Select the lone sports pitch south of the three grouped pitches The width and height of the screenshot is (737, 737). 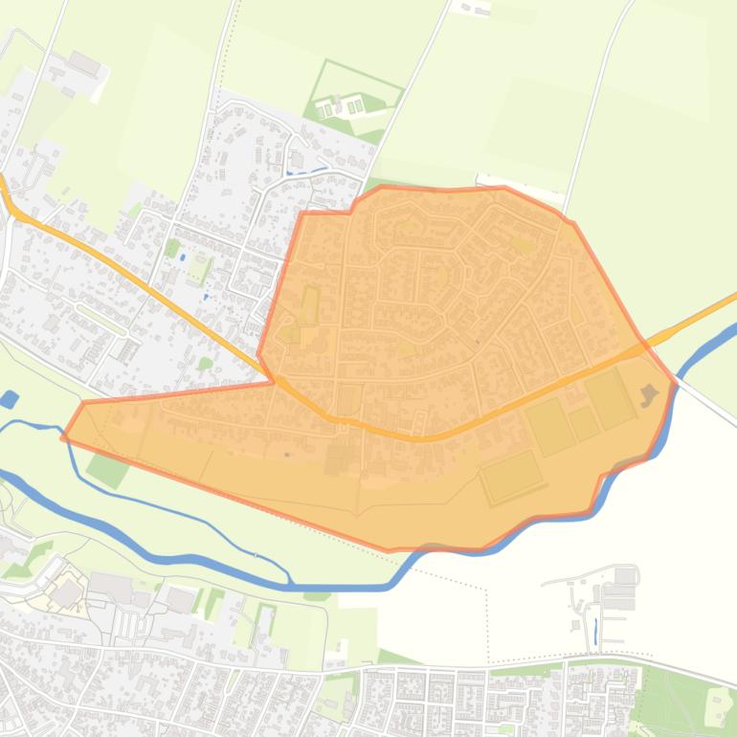[x=511, y=476]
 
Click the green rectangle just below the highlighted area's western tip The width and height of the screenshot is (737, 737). [x=106, y=468]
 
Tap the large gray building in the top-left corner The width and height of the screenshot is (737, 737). [x=84, y=63]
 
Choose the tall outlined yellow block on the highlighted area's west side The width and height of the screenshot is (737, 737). [x=309, y=306]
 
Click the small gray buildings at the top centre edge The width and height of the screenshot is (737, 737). [x=474, y=8]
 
